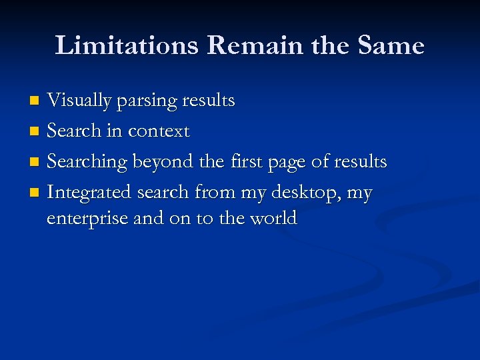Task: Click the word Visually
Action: [x=79, y=101]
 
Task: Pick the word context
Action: [x=159, y=131]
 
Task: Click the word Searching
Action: [x=88, y=163]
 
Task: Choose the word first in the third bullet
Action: [x=247, y=162]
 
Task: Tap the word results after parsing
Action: [x=210, y=101]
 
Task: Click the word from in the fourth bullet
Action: [x=215, y=193]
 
